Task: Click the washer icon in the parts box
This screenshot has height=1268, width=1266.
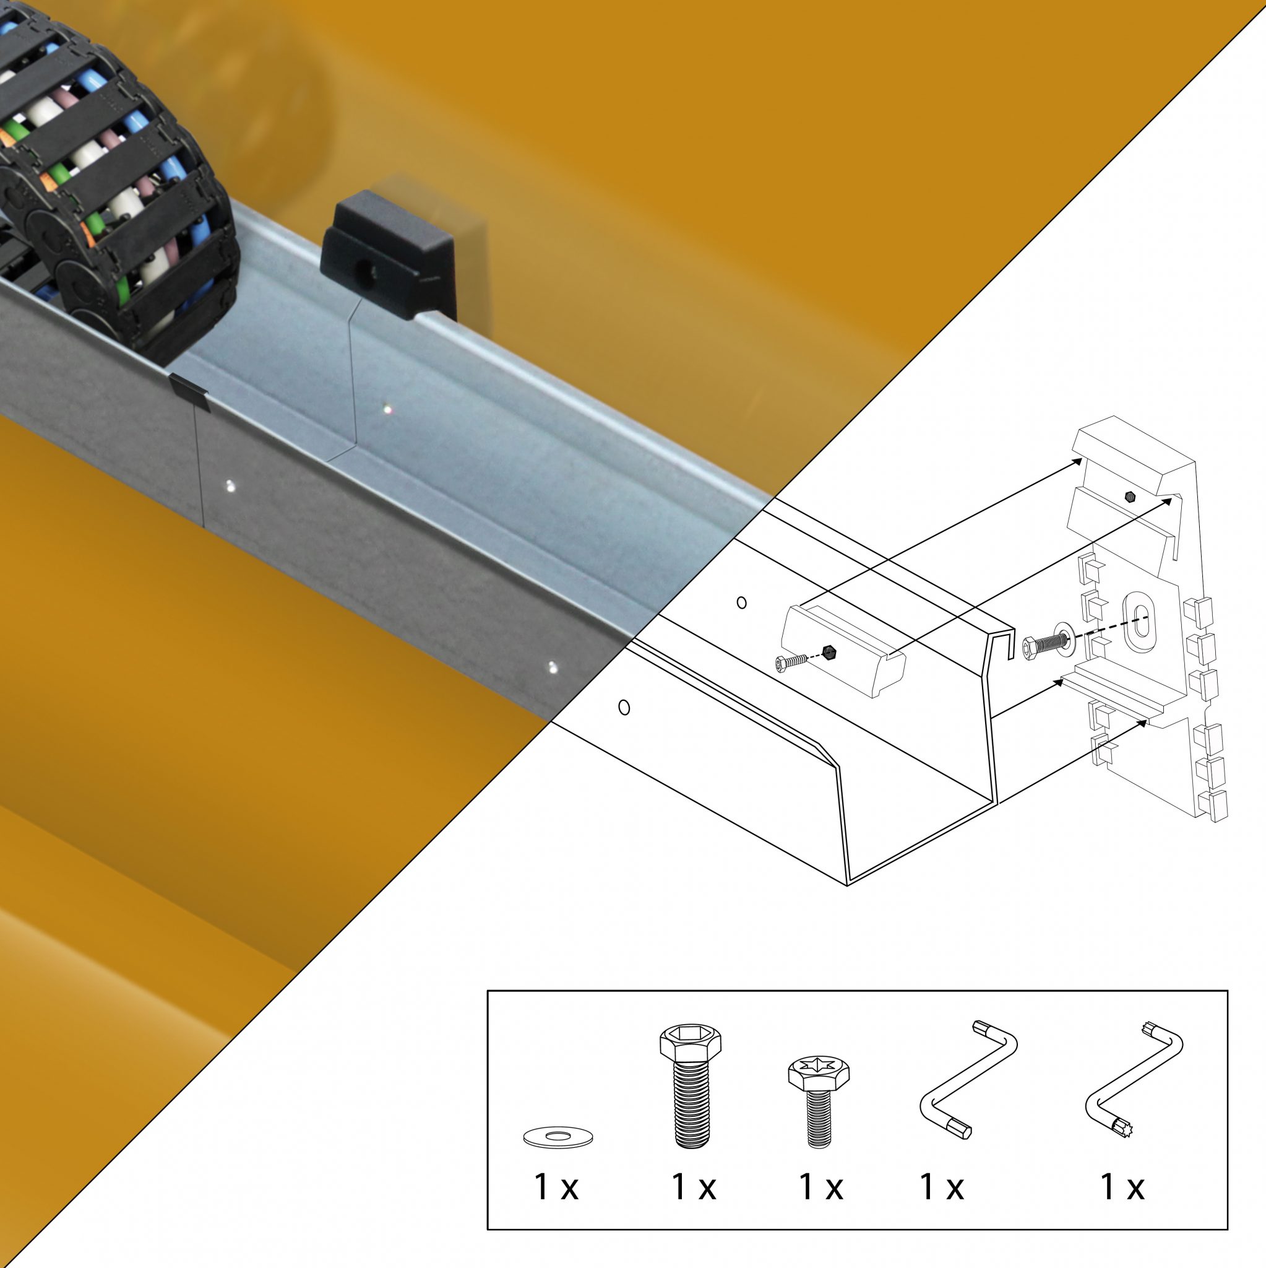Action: [558, 1137]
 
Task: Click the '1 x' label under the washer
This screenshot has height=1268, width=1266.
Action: [556, 1187]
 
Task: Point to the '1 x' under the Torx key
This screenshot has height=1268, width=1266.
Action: [1122, 1187]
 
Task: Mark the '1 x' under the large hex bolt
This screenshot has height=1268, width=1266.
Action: [694, 1187]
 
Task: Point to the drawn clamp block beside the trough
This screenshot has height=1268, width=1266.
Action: [843, 649]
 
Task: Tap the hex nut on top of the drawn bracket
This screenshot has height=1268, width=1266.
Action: [1129, 496]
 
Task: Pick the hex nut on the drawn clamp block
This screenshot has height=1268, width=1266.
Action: [829, 653]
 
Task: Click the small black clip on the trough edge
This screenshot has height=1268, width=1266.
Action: [189, 391]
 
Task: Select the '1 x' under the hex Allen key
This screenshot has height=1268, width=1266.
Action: [941, 1187]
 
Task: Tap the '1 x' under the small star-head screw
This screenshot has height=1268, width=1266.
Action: [820, 1187]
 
